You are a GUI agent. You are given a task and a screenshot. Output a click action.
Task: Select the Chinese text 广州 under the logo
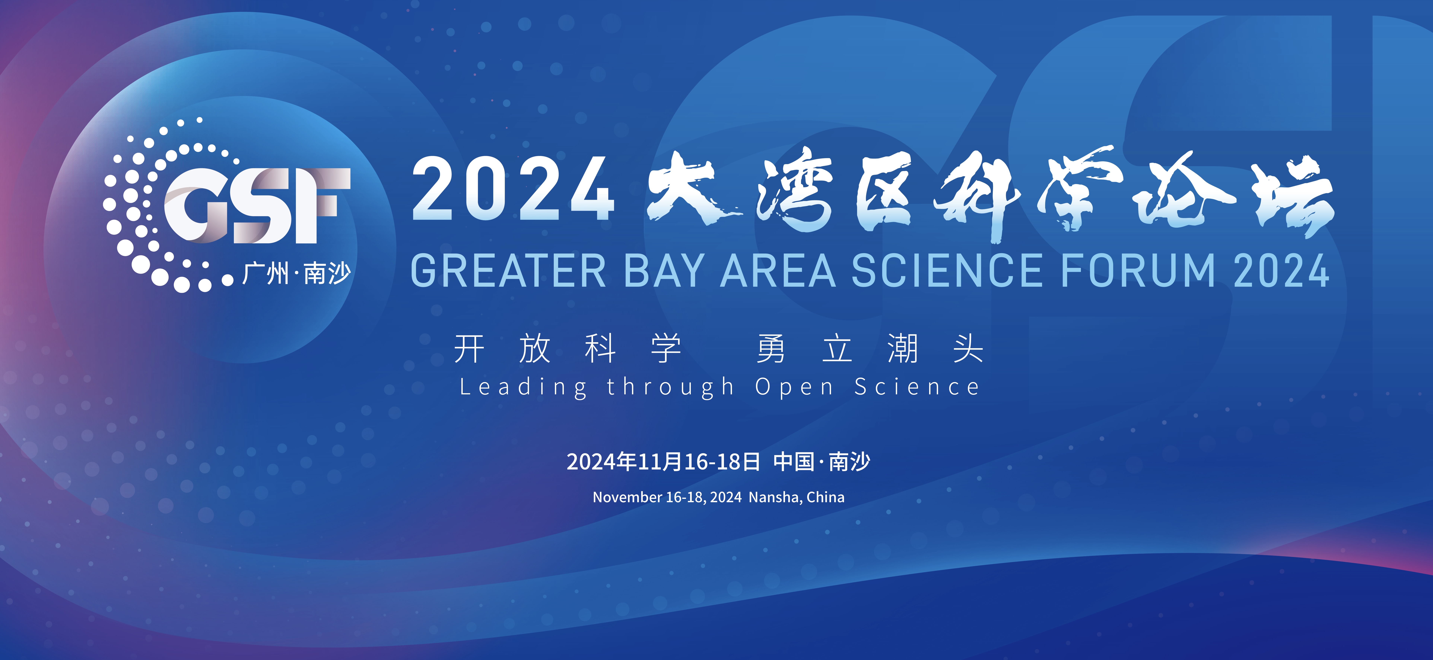tap(266, 273)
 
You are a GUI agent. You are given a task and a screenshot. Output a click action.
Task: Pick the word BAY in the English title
tap(665, 271)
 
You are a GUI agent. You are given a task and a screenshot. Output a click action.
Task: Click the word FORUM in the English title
tap(1138, 271)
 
